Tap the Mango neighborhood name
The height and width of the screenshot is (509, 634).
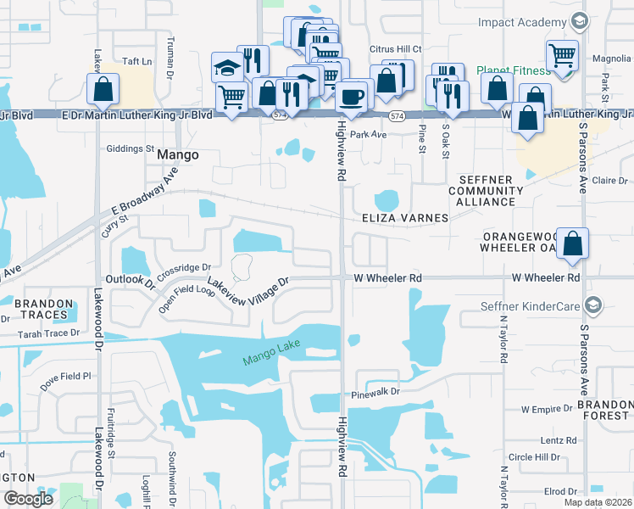click(x=178, y=155)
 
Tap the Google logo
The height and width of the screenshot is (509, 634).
click(x=28, y=499)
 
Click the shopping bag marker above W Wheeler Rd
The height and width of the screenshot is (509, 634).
click(x=574, y=243)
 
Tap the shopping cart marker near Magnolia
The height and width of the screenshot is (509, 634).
click(x=562, y=56)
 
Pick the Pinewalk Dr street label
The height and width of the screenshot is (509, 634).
click(x=370, y=394)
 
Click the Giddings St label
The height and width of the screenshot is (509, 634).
click(x=124, y=148)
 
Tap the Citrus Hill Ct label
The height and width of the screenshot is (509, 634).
click(x=396, y=49)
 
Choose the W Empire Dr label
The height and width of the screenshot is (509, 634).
click(x=547, y=409)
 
